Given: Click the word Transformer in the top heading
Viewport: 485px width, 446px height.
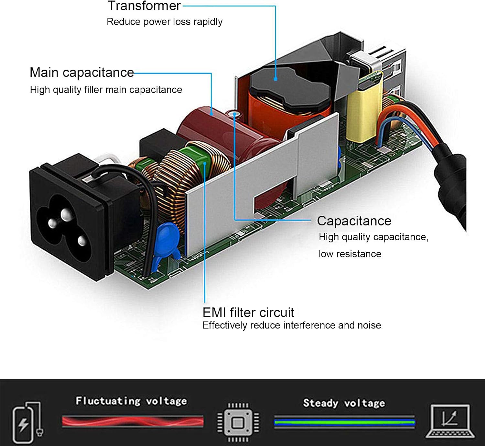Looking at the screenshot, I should click(x=144, y=6).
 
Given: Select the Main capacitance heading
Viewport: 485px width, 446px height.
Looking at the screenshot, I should click(x=81, y=73).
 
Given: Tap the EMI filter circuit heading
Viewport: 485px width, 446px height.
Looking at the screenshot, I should click(x=248, y=313).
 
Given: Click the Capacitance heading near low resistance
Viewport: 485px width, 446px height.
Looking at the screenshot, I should click(x=354, y=221).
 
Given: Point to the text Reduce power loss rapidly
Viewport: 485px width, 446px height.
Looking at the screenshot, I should click(x=164, y=22).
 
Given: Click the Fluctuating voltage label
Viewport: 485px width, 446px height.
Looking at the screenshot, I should click(x=131, y=401).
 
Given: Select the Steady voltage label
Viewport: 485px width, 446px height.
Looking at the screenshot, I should click(x=344, y=403).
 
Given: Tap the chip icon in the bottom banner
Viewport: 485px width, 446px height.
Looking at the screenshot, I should click(x=238, y=422).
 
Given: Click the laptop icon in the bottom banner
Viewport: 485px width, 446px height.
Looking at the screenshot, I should click(x=450, y=421).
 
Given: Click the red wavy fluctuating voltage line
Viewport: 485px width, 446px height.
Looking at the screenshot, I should click(x=133, y=421).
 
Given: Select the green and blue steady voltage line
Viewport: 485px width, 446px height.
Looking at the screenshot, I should click(x=344, y=422).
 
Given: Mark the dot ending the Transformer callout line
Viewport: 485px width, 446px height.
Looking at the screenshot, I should click(x=275, y=78).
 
